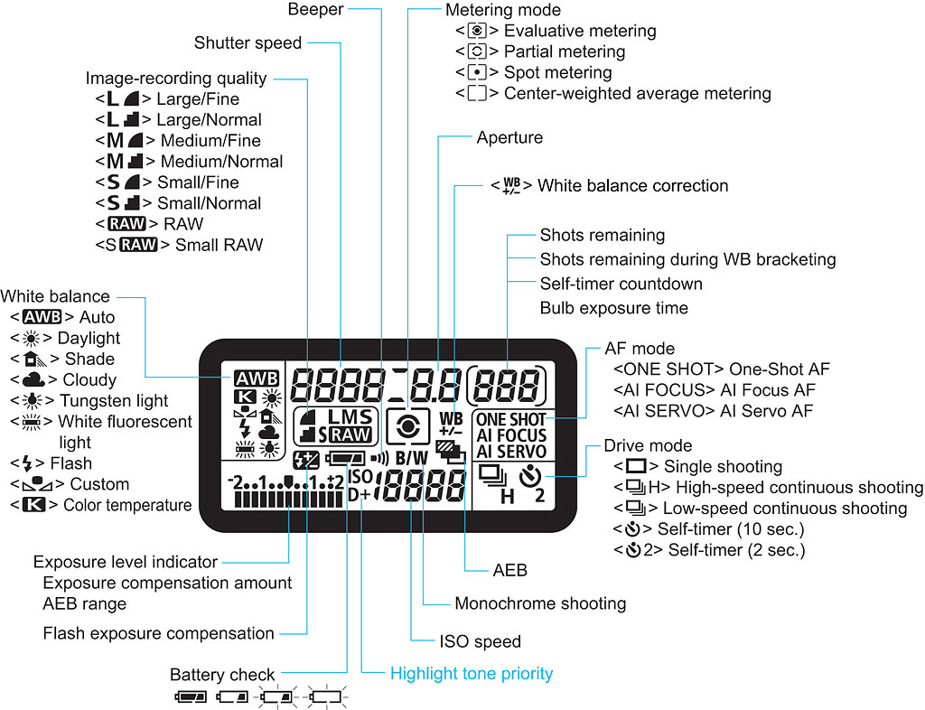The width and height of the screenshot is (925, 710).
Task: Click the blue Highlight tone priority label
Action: click(471, 673)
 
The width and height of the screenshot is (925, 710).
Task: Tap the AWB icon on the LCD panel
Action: click(256, 379)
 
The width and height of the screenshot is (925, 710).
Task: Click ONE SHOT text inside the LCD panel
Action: click(510, 419)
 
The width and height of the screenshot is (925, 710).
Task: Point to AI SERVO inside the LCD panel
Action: click(510, 452)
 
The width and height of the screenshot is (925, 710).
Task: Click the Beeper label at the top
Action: click(315, 10)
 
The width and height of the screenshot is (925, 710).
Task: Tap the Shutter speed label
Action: click(248, 42)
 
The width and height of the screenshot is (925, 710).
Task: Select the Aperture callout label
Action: click(509, 138)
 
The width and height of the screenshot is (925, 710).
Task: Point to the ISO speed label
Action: click(480, 642)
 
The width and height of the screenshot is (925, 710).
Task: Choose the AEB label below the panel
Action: click(509, 571)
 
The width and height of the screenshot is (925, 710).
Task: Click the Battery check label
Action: click(222, 675)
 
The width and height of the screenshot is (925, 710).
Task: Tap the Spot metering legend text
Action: click(557, 72)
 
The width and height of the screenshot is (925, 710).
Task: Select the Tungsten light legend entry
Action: click(113, 400)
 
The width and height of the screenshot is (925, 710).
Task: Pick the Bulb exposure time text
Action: click(613, 308)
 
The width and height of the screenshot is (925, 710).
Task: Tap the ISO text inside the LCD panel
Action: click(360, 475)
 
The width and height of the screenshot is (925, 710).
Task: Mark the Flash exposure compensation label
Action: click(158, 633)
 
